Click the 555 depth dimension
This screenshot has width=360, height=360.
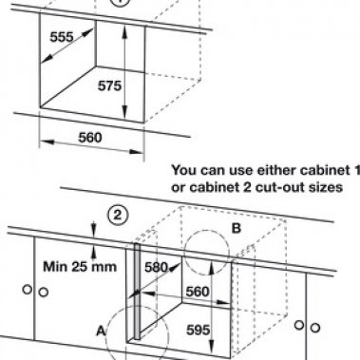[x=62, y=37]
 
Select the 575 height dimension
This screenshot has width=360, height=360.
[x=109, y=85]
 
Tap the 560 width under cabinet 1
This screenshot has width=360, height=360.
[x=90, y=138]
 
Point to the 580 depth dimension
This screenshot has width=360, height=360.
[x=156, y=268]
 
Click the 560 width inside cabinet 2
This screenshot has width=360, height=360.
[x=198, y=292]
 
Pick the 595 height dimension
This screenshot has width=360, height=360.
[x=199, y=331]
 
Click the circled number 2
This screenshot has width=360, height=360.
[x=118, y=216]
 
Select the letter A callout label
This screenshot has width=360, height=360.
[x=101, y=332]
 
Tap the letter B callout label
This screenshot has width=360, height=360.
[x=237, y=228]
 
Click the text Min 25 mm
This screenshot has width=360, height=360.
[x=80, y=267]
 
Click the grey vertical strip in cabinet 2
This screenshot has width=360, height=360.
[x=137, y=292]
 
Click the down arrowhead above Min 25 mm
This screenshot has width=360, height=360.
[x=93, y=230]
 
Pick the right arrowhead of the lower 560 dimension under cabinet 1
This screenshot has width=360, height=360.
[x=136, y=152]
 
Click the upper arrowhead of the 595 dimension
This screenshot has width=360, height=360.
[x=212, y=267]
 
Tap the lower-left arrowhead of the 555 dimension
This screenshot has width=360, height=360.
[x=47, y=58]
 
